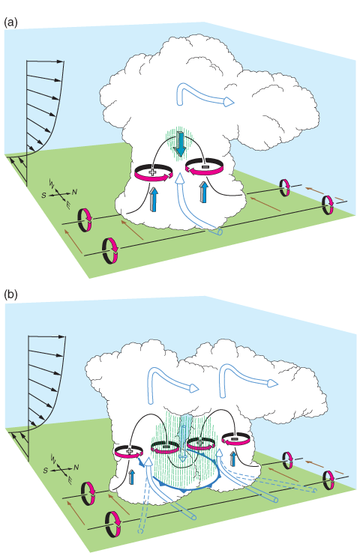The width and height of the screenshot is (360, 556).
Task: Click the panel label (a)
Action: pos(10,22)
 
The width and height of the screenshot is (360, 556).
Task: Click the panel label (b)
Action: pos(10,294)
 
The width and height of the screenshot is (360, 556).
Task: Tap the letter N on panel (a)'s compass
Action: pos(74,192)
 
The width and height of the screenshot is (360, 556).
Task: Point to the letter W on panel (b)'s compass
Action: pos(53,457)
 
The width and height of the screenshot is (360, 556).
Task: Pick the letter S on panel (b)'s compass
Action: pos(46,471)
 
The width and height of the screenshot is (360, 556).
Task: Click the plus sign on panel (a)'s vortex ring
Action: pos(152,172)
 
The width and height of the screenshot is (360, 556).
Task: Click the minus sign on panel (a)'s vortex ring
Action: pos(205,166)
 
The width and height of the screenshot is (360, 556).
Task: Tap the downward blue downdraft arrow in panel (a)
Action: pos(181,144)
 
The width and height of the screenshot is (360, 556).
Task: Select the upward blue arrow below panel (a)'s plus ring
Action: pos(153,199)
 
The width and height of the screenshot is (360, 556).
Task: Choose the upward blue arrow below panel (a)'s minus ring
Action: pos(203,192)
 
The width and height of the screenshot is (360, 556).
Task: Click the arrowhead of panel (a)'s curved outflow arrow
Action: pos(229,102)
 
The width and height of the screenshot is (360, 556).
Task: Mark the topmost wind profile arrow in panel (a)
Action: pos(45,61)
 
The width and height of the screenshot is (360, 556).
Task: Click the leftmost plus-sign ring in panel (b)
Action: pos(129,452)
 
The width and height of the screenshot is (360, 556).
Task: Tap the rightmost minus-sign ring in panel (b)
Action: pos(235,439)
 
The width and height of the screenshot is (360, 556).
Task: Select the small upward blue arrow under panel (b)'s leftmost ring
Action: pos(132,477)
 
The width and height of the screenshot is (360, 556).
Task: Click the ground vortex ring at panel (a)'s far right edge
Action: pos(328,205)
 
